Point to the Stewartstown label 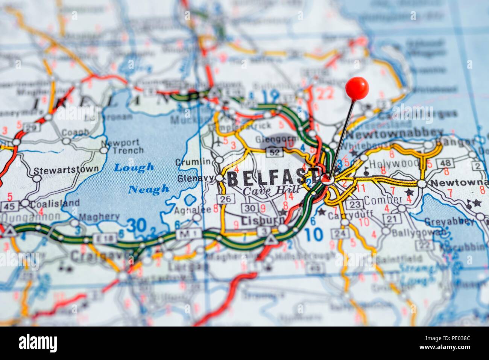click(66, 170)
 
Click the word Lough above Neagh click(134, 167)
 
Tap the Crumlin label click(193, 162)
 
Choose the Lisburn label click(258, 220)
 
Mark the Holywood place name click(394, 163)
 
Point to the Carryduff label click(345, 216)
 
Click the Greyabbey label click(449, 221)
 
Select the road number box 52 click(273, 152)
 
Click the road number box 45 click(10, 206)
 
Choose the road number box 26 click(225, 199)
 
